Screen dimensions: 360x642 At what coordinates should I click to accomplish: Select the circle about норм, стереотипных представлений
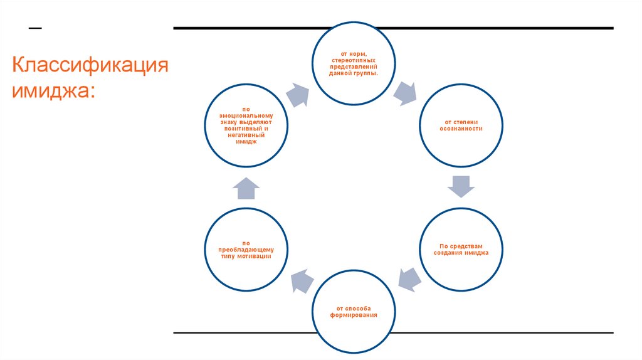(354, 63)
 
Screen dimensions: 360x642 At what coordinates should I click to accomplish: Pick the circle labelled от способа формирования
(354, 311)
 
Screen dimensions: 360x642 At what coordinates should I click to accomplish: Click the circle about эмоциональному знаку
(247, 125)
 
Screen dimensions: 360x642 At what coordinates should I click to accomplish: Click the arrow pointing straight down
(461, 186)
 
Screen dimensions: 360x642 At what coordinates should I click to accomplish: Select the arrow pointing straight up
(247, 187)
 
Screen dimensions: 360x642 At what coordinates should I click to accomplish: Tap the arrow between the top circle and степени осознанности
(405, 93)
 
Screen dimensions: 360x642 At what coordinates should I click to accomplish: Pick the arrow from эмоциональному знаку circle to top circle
(299, 94)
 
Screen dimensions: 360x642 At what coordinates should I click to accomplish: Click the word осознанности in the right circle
(461, 128)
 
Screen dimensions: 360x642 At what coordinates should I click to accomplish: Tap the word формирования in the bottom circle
(354, 314)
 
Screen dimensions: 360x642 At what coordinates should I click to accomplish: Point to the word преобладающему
(247, 250)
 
